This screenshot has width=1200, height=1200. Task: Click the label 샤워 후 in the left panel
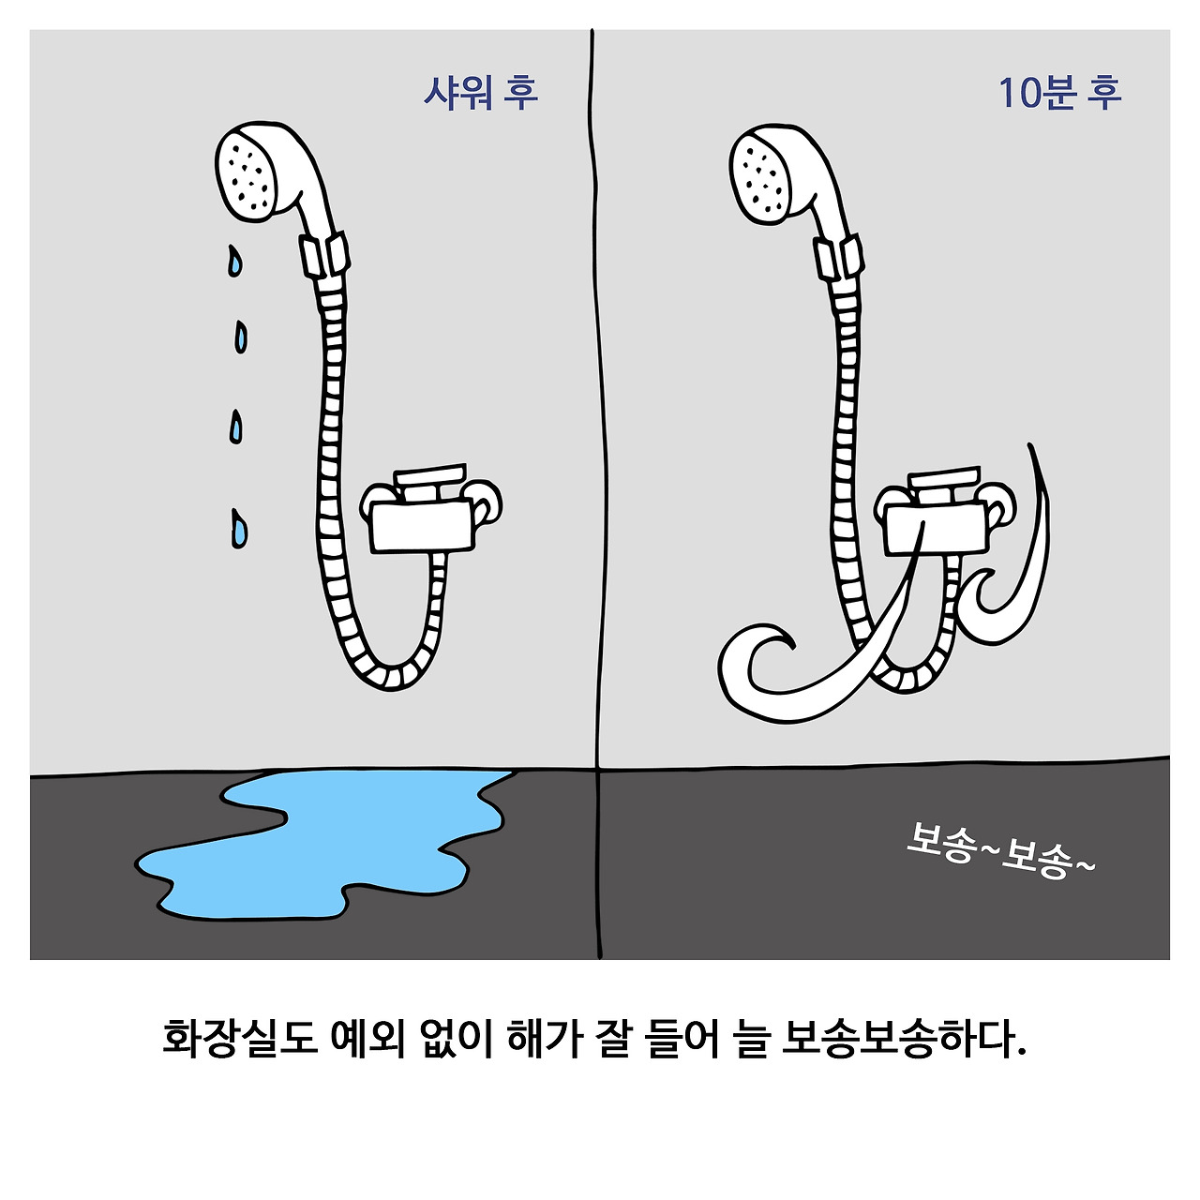tap(481, 93)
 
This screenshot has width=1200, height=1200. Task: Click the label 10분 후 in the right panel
tap(1058, 93)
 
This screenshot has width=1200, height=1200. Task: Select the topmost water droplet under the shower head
tap(233, 261)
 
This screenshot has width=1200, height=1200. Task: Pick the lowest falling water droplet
tap(239, 530)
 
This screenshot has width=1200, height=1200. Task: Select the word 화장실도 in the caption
tap(240, 1038)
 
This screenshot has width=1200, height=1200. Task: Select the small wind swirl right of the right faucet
tap(1017, 581)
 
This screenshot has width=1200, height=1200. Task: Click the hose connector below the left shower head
tap(324, 256)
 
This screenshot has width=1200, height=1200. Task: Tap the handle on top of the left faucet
tap(430, 477)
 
